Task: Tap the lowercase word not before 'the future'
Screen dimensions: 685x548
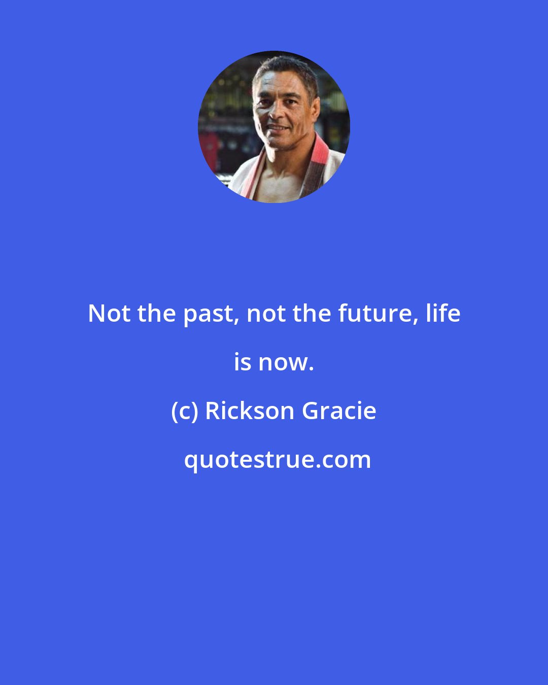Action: point(265,314)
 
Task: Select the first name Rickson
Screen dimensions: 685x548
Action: point(250,411)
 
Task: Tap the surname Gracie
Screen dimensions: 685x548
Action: point(339,411)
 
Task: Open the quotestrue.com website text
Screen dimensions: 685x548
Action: point(277,460)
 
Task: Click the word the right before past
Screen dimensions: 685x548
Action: point(156,314)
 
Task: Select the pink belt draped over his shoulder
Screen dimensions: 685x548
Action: point(317,157)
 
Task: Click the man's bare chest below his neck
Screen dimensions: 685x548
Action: point(277,180)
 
